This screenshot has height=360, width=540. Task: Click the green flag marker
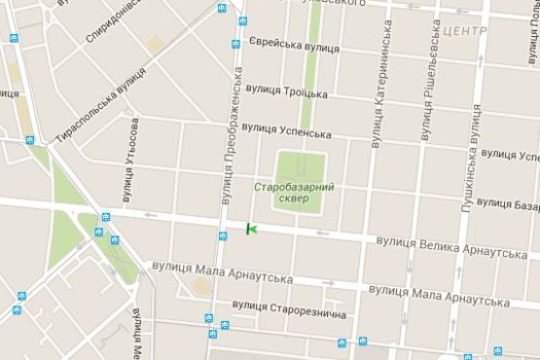click(251, 229)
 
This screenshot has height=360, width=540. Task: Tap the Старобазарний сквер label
click(294, 192)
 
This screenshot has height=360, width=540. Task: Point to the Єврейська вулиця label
click(295, 46)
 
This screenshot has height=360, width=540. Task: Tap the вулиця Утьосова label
click(131, 161)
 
